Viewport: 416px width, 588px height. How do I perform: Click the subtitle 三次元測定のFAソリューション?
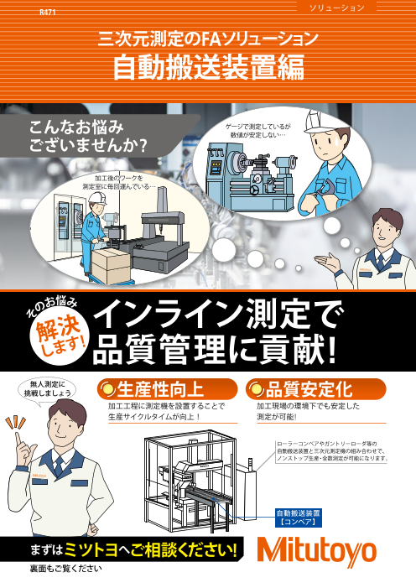[x=208, y=38]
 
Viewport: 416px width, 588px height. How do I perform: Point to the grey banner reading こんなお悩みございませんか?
[x=92, y=137]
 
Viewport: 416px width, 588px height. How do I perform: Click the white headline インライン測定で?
[x=220, y=315]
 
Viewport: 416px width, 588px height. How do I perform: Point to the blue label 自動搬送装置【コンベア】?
[x=299, y=514]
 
